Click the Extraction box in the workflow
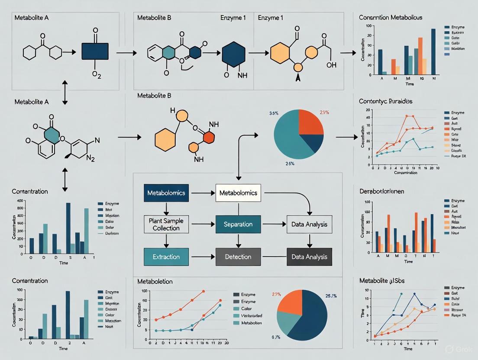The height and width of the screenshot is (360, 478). pos(166,257)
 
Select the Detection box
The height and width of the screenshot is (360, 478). pos(238,257)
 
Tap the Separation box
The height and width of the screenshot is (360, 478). pos(238,224)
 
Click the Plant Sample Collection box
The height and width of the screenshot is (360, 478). pos(166,224)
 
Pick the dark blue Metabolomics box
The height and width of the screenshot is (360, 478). pos(166,193)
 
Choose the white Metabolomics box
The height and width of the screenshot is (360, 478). pos(238,193)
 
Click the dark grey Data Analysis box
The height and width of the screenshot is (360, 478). pos(309,257)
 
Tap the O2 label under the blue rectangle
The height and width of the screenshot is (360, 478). pos(97,74)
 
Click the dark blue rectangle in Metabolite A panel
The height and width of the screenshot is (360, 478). pos(95,51)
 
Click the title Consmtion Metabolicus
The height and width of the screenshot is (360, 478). pos(391,17)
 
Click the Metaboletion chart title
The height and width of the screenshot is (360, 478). pos(155,281)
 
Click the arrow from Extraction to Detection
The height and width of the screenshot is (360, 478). pos(202,257)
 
